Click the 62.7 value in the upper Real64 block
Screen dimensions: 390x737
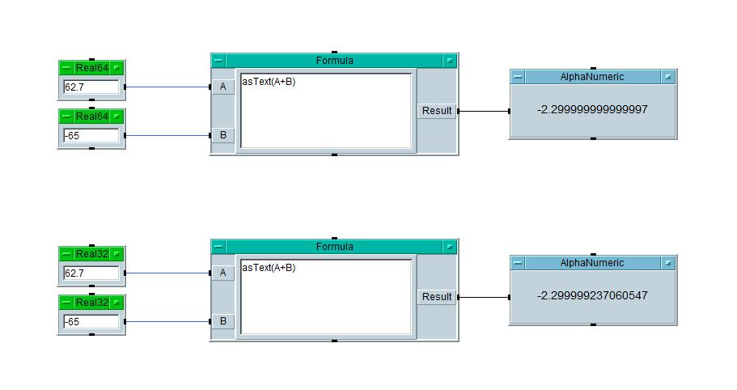click(x=91, y=87)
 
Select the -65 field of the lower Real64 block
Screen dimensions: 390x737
click(x=91, y=135)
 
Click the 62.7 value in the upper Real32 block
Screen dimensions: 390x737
click(x=91, y=273)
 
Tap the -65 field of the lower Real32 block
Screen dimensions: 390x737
click(x=91, y=321)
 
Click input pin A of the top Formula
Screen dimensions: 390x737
click(x=222, y=87)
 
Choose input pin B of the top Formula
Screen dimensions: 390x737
click(x=222, y=135)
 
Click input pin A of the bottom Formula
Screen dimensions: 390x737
click(x=222, y=273)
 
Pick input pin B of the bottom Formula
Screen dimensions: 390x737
click(x=222, y=321)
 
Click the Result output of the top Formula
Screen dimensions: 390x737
click(x=437, y=111)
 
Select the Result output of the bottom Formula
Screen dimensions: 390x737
click(x=437, y=297)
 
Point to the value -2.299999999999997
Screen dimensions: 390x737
click(x=592, y=109)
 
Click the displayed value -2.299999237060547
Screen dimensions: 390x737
click(x=592, y=295)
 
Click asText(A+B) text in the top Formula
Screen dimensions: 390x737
click(x=268, y=82)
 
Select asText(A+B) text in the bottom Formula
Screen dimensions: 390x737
click(x=268, y=268)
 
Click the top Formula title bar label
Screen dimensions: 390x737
click(x=334, y=61)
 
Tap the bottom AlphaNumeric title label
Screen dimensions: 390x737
click(x=592, y=263)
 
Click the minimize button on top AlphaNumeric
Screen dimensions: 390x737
click(x=518, y=77)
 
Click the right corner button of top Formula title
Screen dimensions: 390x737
click(x=450, y=61)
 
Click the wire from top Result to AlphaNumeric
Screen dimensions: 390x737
click(x=484, y=111)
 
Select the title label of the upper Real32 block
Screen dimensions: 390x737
click(x=91, y=254)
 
